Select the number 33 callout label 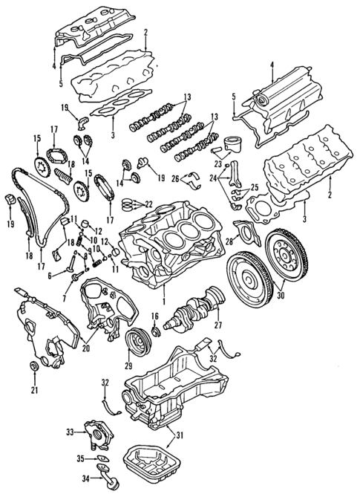click(70, 432)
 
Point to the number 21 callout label click(34, 390)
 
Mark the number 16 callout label click(155, 316)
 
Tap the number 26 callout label click(175, 178)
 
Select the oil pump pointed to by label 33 click(94, 434)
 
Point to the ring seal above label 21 click(33, 369)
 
